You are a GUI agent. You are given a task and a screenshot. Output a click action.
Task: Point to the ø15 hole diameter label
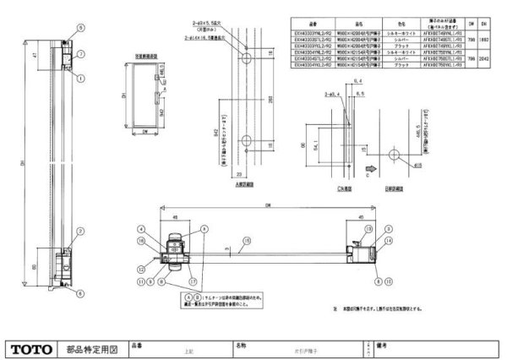[416, 166]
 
